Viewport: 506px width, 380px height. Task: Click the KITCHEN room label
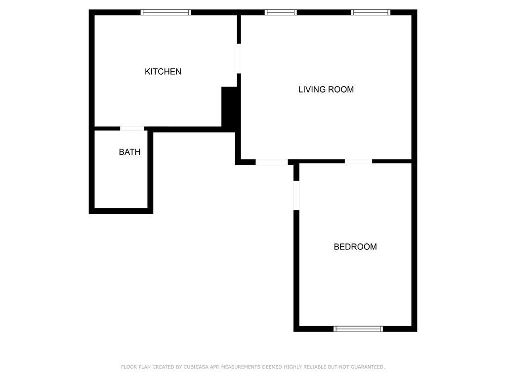pos(163,71)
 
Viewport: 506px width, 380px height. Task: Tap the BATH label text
pos(129,152)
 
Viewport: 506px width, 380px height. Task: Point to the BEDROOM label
pos(355,247)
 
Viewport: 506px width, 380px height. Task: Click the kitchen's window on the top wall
pos(166,12)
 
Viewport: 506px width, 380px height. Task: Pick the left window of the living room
pos(281,12)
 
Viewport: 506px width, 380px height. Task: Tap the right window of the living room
pos(371,12)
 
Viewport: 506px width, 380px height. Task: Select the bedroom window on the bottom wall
pos(358,329)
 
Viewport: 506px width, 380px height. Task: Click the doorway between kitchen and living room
pos(239,58)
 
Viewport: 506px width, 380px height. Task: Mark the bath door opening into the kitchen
pos(132,129)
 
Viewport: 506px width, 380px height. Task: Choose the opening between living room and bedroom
pos(358,161)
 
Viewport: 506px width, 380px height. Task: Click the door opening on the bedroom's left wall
pos(296,195)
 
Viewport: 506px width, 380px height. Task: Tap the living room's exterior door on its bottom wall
pos(272,162)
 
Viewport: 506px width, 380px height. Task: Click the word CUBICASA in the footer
pos(196,367)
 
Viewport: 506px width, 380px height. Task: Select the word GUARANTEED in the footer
pos(368,367)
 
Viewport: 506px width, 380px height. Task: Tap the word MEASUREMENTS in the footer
pos(241,367)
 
